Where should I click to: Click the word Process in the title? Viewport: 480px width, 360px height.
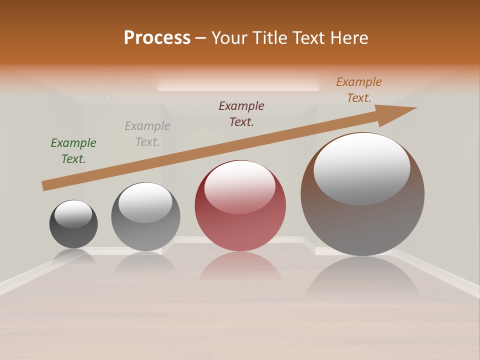tap(157, 38)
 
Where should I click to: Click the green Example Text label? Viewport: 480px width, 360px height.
tap(73, 150)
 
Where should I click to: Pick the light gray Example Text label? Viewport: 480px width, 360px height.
tap(147, 134)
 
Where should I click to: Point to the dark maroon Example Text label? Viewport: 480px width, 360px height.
tap(241, 113)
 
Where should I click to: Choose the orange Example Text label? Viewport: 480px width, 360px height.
tap(359, 90)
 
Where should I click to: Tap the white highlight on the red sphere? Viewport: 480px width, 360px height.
tap(240, 186)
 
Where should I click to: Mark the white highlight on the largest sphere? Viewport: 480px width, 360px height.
tap(362, 168)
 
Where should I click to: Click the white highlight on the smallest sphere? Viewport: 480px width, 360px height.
tap(73, 214)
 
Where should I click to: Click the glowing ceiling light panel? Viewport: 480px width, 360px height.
tap(238, 84)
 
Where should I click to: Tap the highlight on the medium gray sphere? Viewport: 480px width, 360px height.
tap(145, 202)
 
